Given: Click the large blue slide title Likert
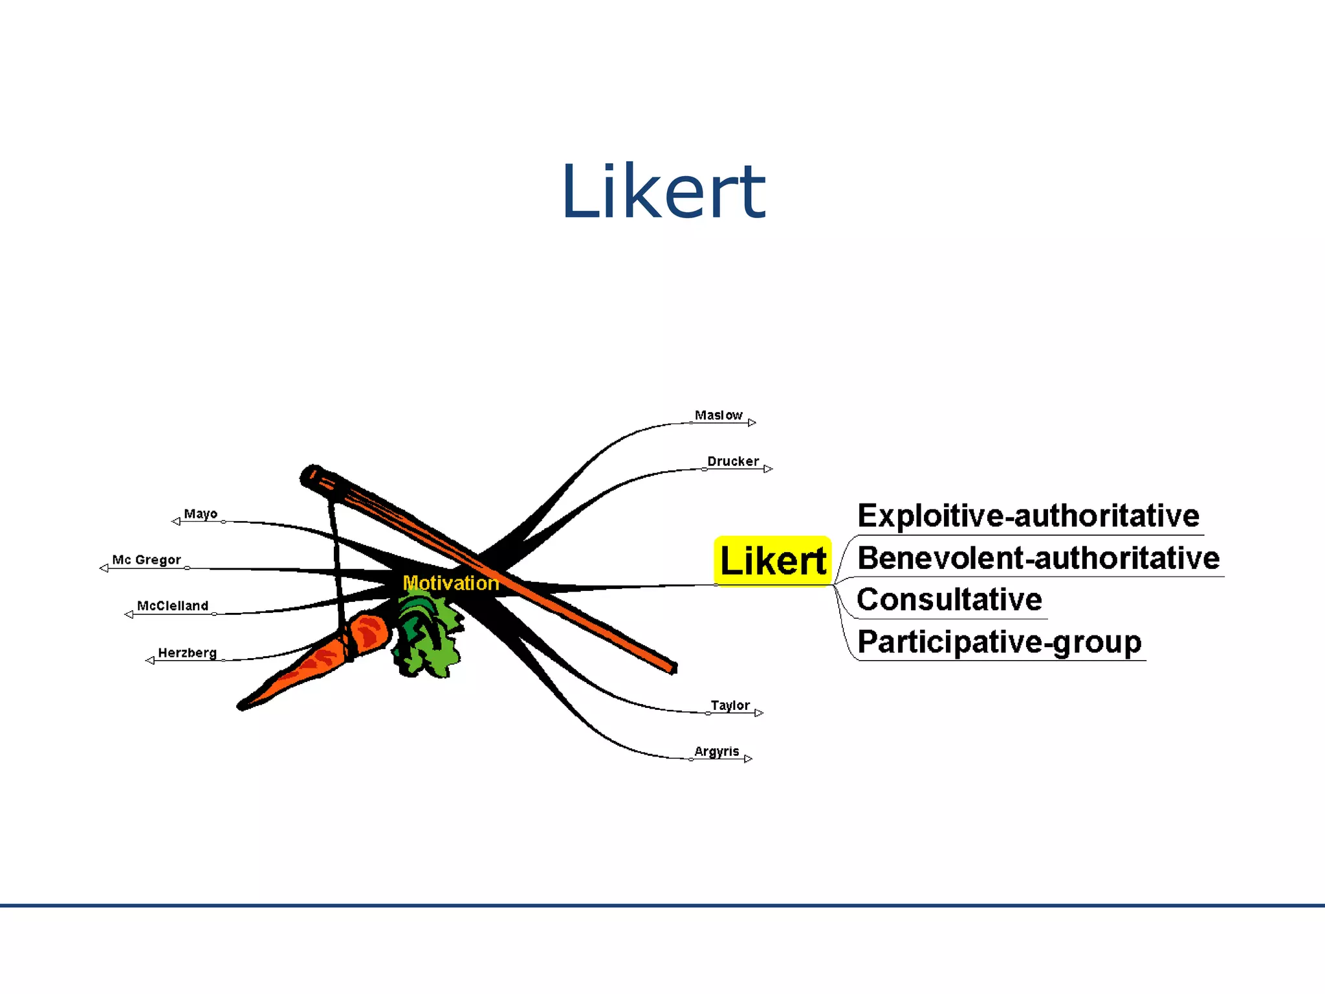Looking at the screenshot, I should point(663,192).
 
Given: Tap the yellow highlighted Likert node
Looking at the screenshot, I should point(772,560).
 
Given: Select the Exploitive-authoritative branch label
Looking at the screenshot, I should point(1028,516).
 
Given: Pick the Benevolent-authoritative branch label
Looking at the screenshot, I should point(1038,558).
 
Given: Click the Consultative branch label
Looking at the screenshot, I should point(949,599).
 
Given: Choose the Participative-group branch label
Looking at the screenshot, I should point(999,642).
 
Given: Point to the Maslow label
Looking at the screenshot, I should point(718,415).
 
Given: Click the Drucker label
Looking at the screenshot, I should point(732,461).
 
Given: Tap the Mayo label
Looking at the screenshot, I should point(201,514).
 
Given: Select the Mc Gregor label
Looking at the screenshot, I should point(146,560).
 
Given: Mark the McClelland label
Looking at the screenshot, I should point(173,606).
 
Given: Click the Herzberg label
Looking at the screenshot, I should point(187,652).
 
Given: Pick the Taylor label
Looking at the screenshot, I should point(730,705).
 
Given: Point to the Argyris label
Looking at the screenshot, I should point(716,751).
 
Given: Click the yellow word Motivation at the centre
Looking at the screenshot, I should point(451,583).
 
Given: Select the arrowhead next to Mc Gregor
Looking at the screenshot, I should point(104,568).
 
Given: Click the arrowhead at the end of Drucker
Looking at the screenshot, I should point(768,469).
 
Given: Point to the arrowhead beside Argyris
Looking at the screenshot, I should point(749,759).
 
